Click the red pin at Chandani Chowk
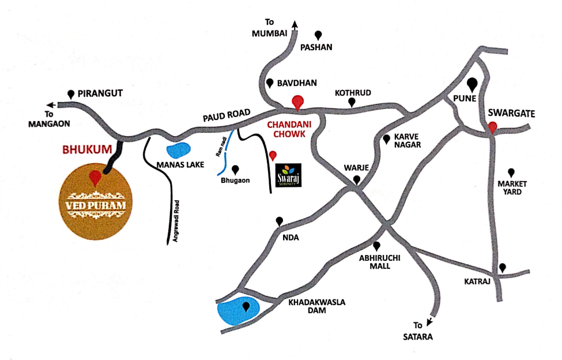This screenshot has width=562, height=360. point(297,102)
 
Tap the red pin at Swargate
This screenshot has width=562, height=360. point(492,127)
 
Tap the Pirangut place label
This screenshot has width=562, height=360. point(101,93)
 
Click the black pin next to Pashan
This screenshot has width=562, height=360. point(318,35)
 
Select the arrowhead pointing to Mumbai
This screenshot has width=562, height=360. point(296,24)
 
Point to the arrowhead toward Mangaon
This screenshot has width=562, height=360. point(51,104)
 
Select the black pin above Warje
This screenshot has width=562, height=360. point(357,180)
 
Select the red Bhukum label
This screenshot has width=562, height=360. point(86,149)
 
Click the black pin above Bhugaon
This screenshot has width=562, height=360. point(235,170)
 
